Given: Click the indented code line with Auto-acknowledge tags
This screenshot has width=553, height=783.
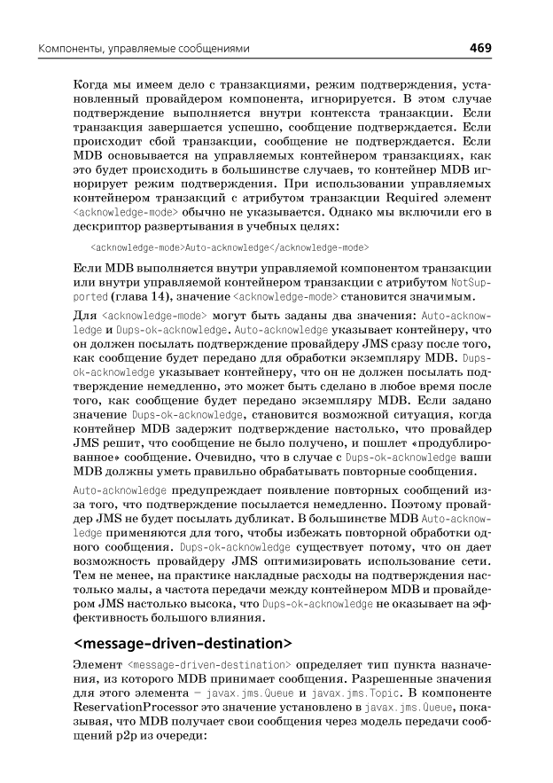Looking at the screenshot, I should pos(230,247).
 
